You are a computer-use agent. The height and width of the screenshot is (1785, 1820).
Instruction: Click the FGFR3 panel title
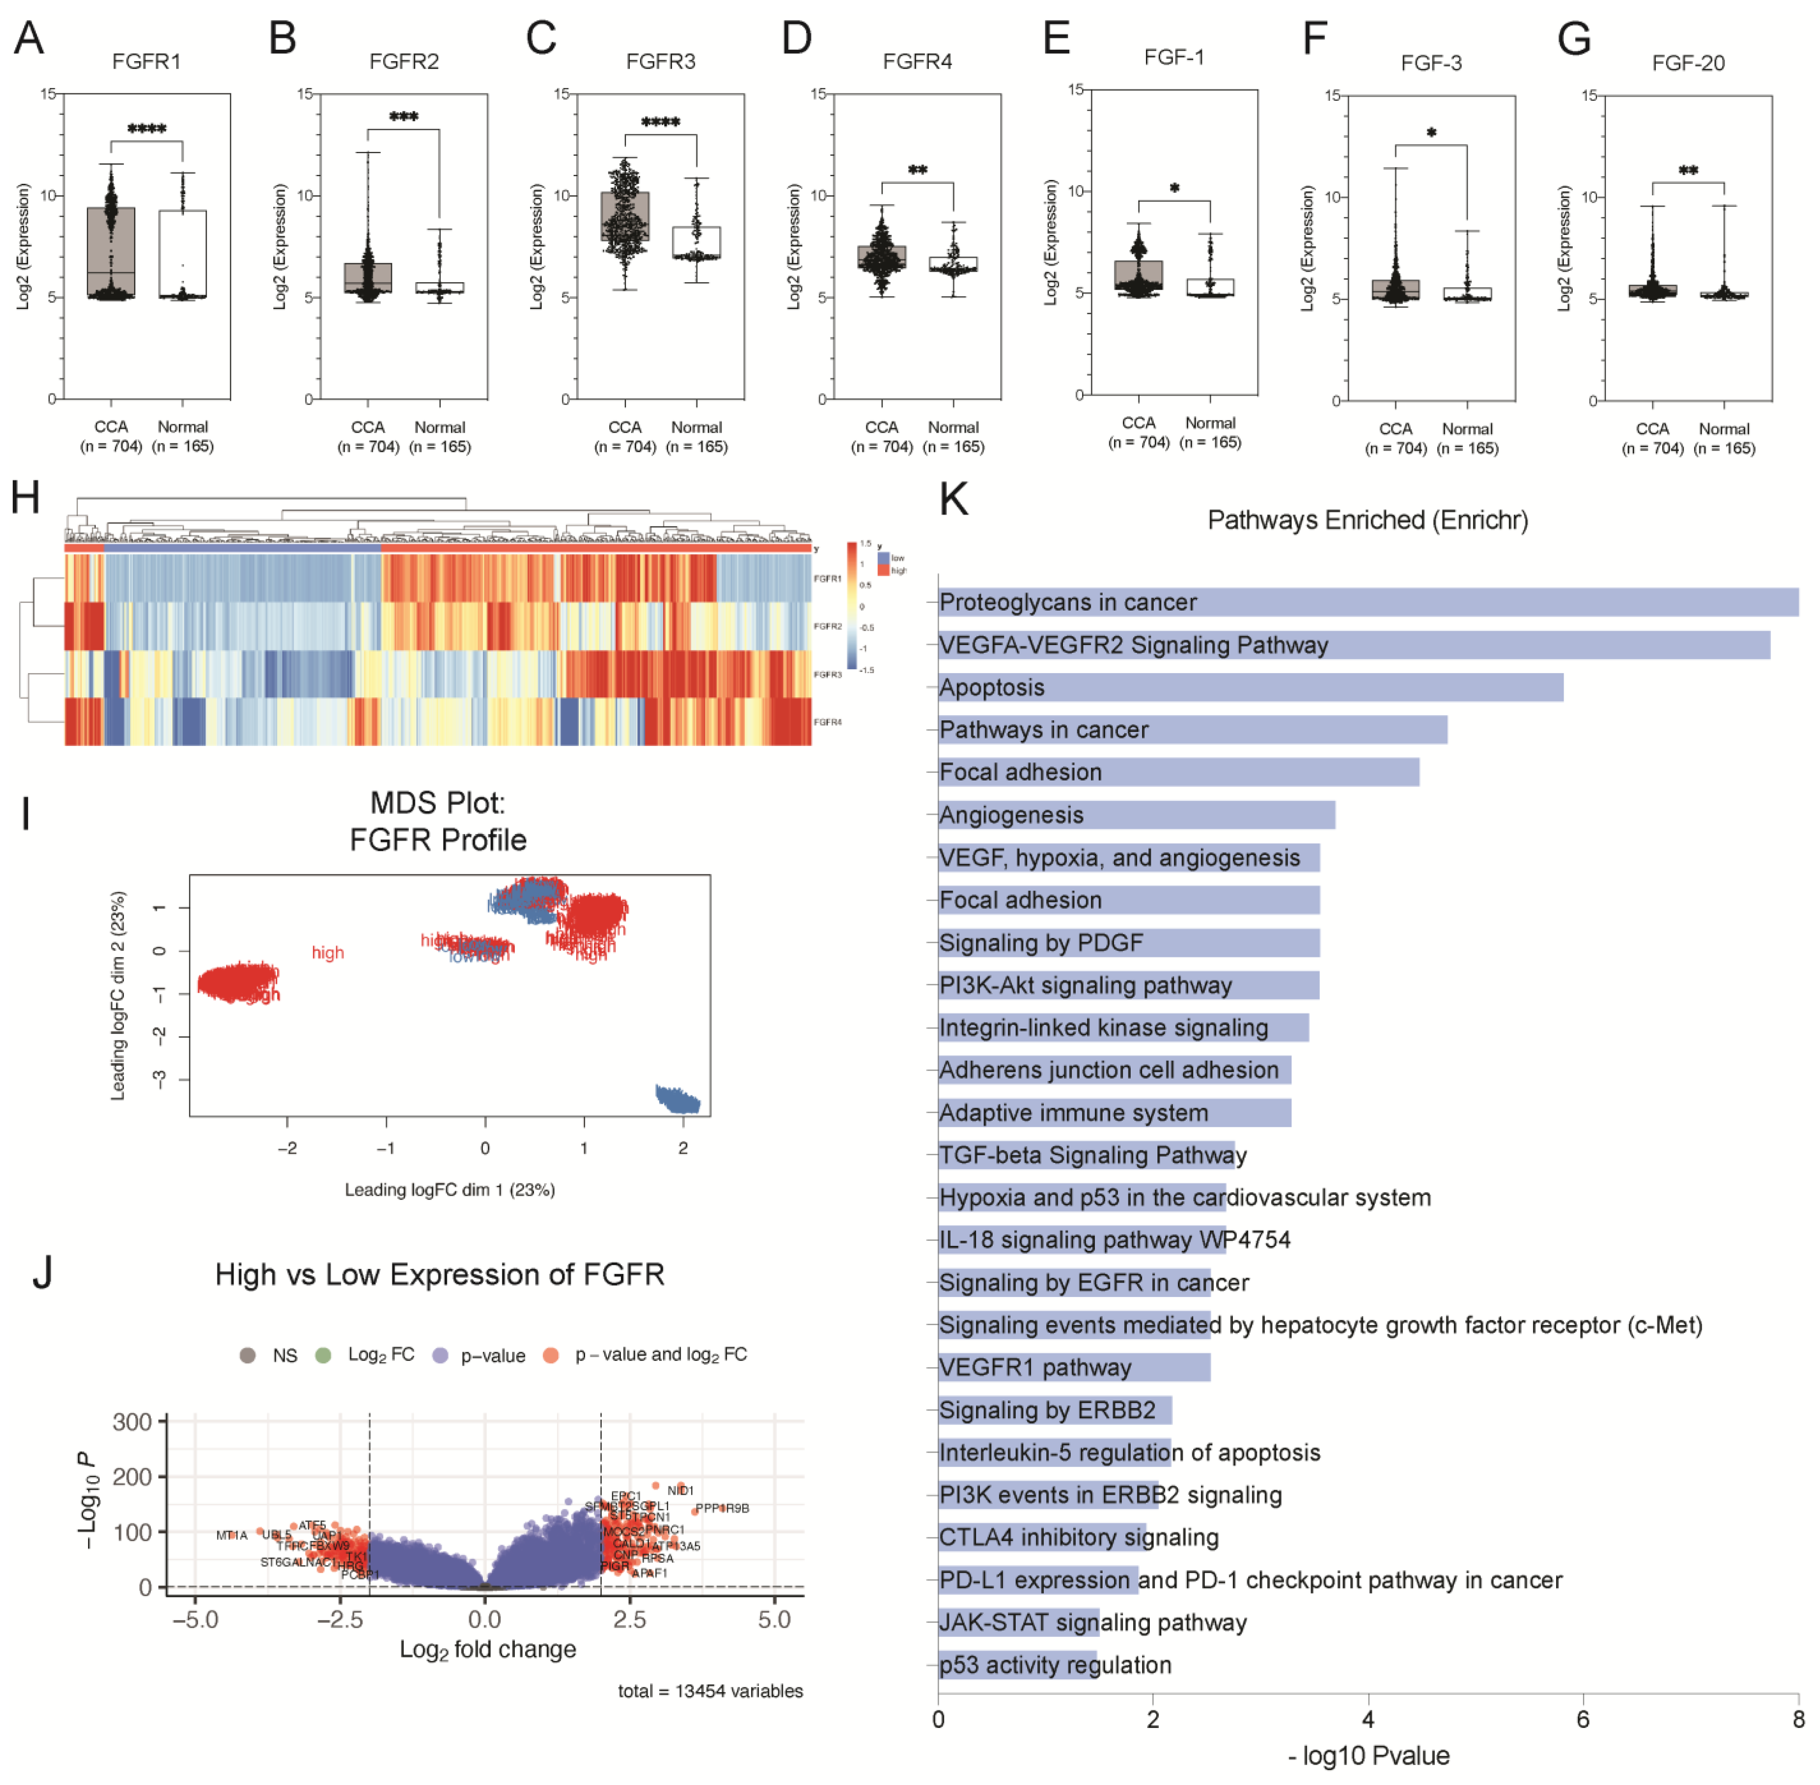(x=661, y=62)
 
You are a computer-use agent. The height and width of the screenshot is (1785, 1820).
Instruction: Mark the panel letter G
(x=1574, y=40)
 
